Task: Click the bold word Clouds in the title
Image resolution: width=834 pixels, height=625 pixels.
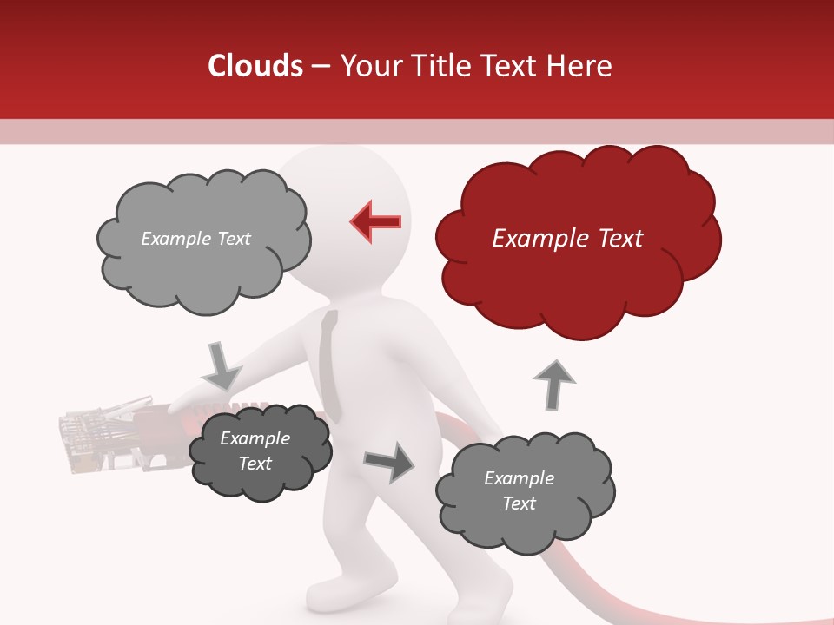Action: tap(255, 66)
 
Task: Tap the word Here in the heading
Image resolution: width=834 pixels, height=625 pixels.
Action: tap(579, 66)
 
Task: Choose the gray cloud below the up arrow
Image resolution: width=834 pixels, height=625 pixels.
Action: tap(523, 491)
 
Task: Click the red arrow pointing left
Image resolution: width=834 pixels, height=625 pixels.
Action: tap(376, 222)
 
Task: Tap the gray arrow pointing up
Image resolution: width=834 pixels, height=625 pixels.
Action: tap(553, 385)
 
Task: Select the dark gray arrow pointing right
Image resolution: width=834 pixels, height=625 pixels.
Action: tap(388, 462)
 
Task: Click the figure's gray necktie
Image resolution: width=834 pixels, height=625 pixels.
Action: tap(328, 365)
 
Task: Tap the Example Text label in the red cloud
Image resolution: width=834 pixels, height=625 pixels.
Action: tap(567, 238)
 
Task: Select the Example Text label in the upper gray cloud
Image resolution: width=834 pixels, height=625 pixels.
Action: tap(195, 238)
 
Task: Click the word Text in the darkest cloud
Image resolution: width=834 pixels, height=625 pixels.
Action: tap(255, 464)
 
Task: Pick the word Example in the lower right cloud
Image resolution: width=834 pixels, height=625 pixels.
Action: tap(519, 478)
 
